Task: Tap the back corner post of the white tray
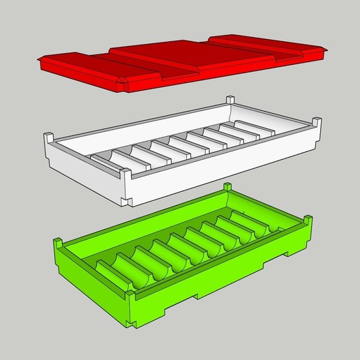(229, 100)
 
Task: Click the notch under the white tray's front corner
(128, 200)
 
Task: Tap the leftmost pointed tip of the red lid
(40, 63)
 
